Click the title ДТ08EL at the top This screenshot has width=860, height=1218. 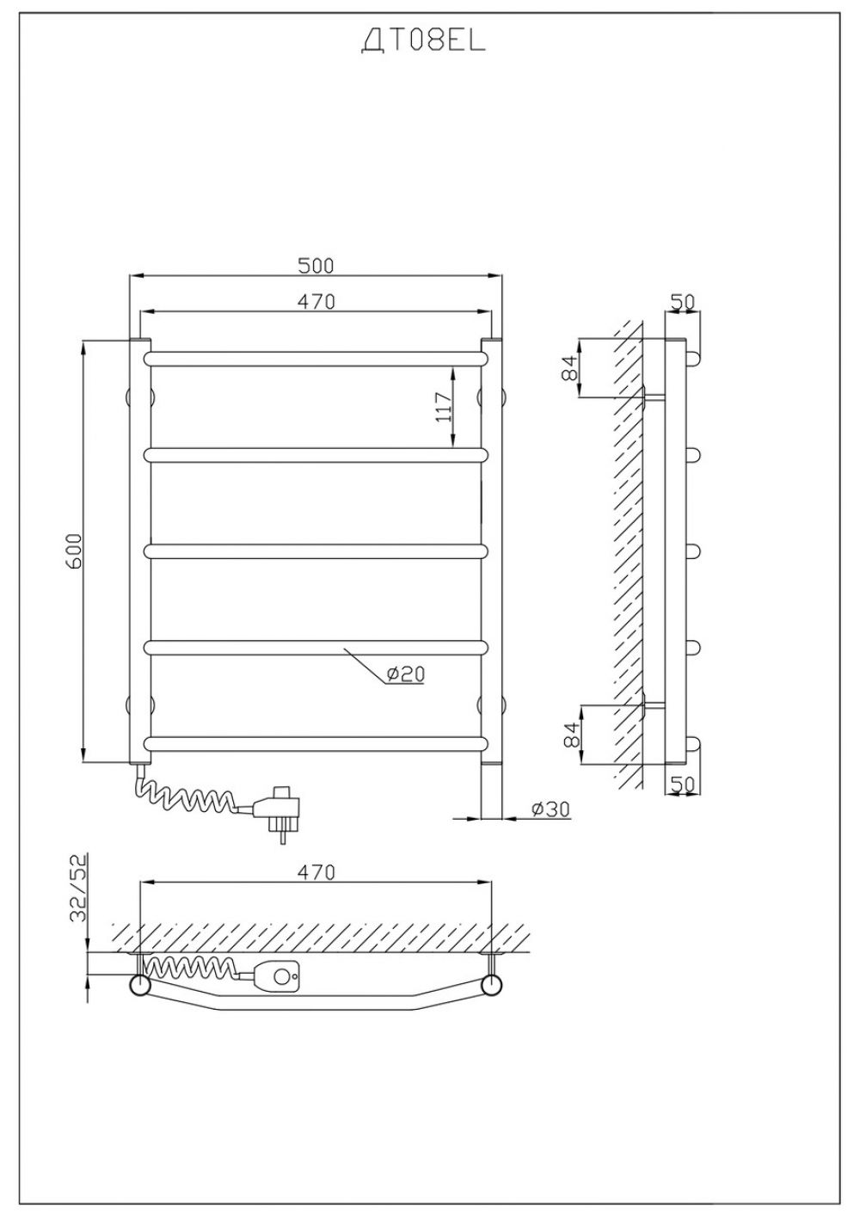tap(423, 41)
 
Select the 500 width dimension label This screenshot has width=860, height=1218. tap(316, 266)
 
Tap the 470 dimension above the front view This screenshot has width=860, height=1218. tap(316, 301)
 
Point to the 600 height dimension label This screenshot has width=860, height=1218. tap(75, 551)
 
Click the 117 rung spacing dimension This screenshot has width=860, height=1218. tap(444, 407)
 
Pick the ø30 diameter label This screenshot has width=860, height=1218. tap(551, 809)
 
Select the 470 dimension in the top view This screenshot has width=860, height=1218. tap(316, 872)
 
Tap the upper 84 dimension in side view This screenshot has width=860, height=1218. tap(569, 368)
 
